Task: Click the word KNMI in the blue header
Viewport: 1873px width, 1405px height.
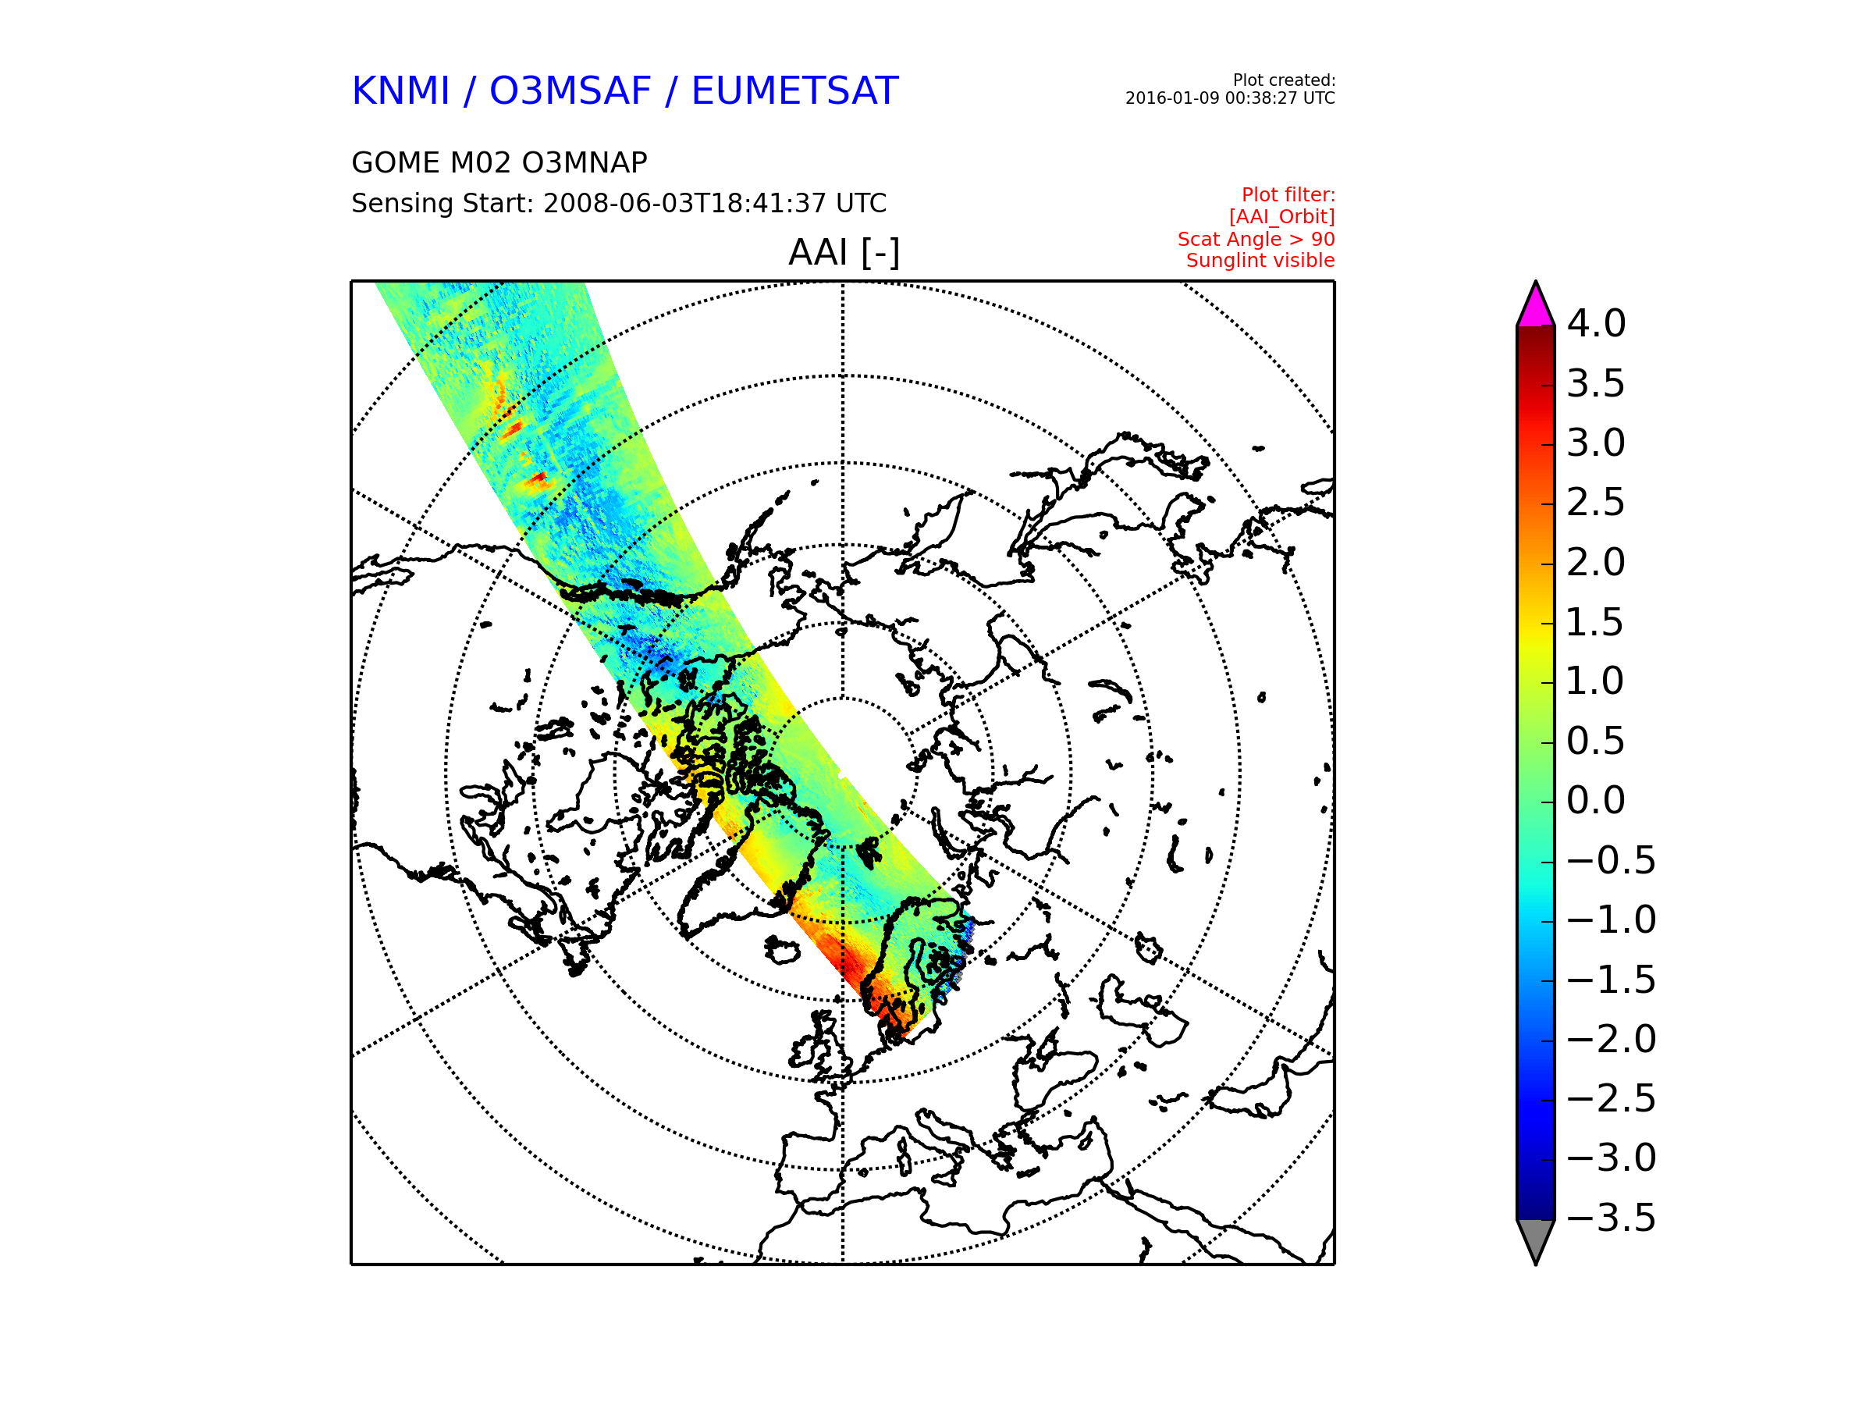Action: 400,91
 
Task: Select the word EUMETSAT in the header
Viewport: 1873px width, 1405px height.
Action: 794,91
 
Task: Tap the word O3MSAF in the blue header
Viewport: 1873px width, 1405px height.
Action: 570,91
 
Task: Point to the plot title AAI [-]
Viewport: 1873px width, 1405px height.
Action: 844,252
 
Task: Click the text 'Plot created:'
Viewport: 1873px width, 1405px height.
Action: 1284,80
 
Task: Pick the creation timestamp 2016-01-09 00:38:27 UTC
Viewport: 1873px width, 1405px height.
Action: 1229,98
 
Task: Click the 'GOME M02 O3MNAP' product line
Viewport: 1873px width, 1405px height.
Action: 499,162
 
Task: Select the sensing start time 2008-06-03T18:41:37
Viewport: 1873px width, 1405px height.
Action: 684,203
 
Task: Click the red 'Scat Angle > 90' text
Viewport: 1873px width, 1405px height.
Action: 1256,239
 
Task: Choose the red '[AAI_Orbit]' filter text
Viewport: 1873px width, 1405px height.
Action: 1282,218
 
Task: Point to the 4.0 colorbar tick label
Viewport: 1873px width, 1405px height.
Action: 1596,323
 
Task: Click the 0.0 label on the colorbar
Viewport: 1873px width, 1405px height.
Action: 1596,800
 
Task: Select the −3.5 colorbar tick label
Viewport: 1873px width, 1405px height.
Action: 1612,1218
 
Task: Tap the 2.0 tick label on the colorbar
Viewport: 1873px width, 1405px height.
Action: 1596,562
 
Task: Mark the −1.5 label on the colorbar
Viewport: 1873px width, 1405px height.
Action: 1612,980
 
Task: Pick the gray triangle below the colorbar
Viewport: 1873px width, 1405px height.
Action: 1535,1237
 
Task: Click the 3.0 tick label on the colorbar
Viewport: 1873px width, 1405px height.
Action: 1596,443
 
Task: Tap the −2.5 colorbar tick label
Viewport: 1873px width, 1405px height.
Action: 1612,1098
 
